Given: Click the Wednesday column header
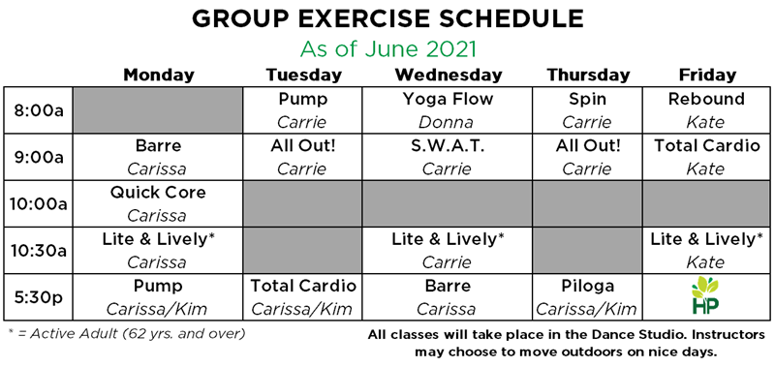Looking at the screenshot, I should [x=447, y=76].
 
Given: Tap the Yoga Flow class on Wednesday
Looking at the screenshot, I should [x=447, y=99].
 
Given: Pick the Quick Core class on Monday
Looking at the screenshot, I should [x=159, y=193].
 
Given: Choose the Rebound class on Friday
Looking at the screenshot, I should [x=707, y=99].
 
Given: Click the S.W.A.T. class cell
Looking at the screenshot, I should [x=447, y=146].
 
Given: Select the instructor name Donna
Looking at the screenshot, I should [x=447, y=122].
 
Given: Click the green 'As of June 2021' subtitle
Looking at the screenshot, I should [x=387, y=47].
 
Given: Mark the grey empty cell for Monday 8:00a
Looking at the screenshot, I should [x=159, y=110].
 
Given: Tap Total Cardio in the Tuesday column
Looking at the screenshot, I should [x=303, y=287].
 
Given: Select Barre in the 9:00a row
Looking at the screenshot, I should [x=159, y=146].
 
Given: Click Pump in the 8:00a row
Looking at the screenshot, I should [x=303, y=99].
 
